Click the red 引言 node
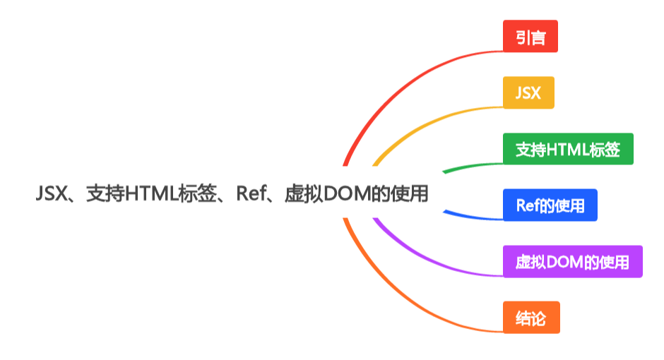point(530,37)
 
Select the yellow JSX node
point(528,92)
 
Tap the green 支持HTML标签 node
point(568,149)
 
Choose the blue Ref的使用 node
point(550,205)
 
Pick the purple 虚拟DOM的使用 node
point(572,262)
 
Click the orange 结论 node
point(531,318)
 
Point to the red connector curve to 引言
point(396,85)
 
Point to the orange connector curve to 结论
point(396,296)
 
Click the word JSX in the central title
point(50,194)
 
